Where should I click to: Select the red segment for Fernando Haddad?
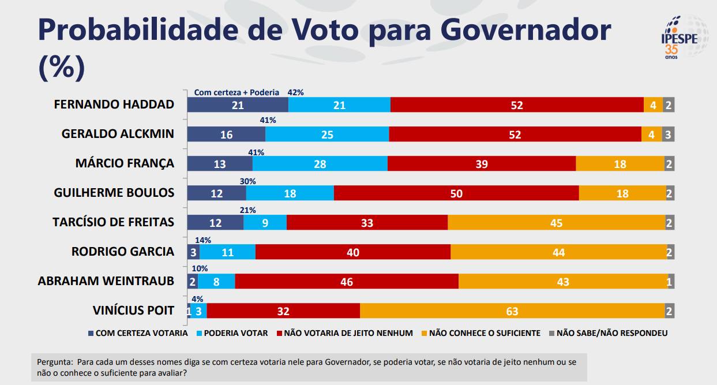(x=517, y=105)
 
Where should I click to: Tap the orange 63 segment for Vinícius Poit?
(x=512, y=311)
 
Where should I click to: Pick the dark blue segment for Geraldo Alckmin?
(x=226, y=134)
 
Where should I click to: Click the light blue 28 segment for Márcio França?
(x=320, y=164)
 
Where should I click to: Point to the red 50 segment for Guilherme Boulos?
(x=456, y=193)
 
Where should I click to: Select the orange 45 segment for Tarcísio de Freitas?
(x=556, y=223)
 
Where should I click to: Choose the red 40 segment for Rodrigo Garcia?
(x=353, y=252)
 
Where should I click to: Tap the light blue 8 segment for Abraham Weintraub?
(x=216, y=281)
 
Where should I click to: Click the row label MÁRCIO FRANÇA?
(x=125, y=163)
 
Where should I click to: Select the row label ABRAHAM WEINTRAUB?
(x=106, y=281)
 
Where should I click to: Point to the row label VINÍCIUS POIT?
(x=133, y=311)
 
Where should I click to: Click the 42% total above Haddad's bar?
(x=296, y=92)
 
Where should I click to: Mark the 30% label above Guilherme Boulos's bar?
(x=247, y=181)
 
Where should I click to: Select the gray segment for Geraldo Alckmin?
(x=669, y=134)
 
